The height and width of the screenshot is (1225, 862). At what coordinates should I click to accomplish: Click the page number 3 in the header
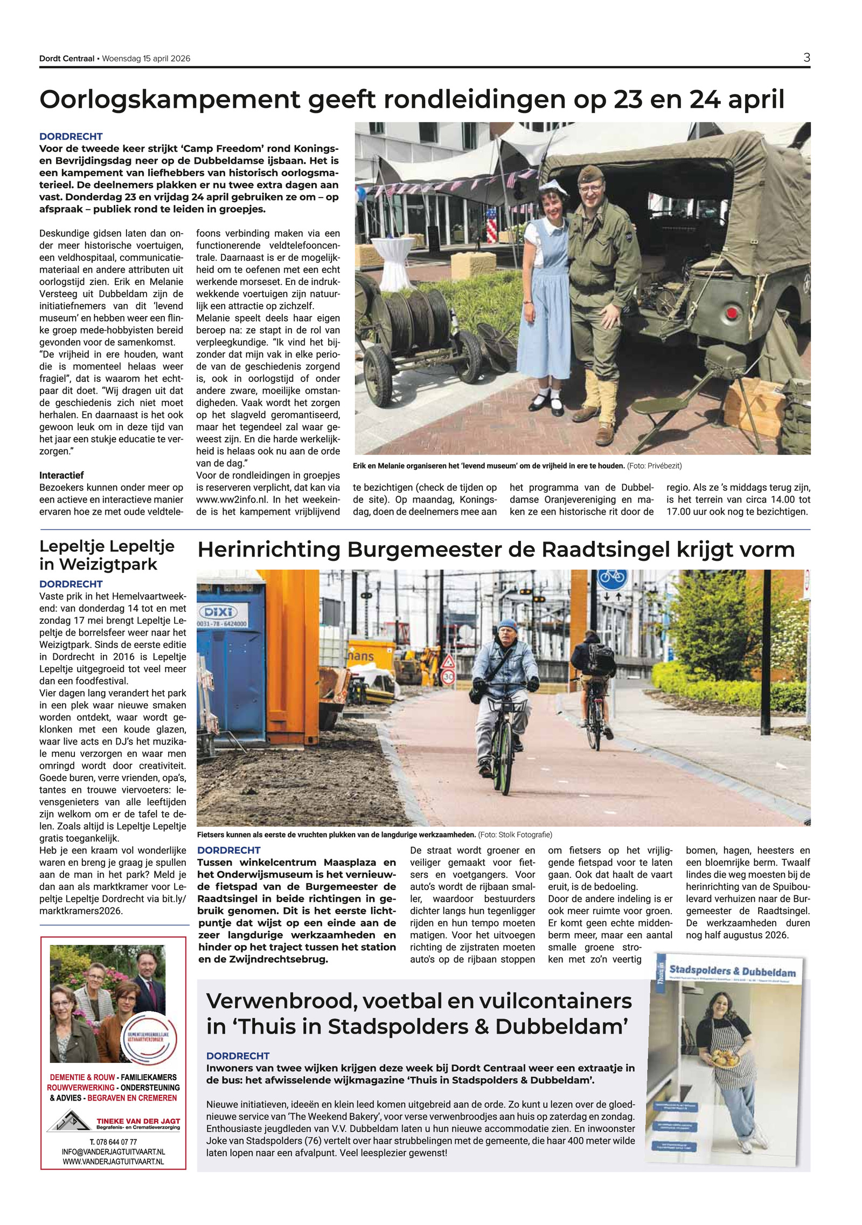[x=806, y=58]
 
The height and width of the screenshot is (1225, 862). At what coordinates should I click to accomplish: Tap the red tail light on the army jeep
[x=731, y=313]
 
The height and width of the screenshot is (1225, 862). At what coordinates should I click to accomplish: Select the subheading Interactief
[x=61, y=475]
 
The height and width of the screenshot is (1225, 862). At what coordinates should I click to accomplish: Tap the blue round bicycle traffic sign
[x=612, y=578]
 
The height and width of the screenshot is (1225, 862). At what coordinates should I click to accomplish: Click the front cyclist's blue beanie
[x=508, y=625]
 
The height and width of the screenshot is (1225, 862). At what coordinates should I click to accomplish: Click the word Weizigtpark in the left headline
[x=98, y=564]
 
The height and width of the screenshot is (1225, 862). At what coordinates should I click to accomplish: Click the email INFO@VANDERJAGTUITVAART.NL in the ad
[x=113, y=1152]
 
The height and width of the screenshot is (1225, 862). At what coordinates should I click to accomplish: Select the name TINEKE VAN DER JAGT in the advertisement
[x=138, y=1120]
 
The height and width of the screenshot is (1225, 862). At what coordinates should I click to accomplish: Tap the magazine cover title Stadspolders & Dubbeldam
[x=732, y=971]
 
